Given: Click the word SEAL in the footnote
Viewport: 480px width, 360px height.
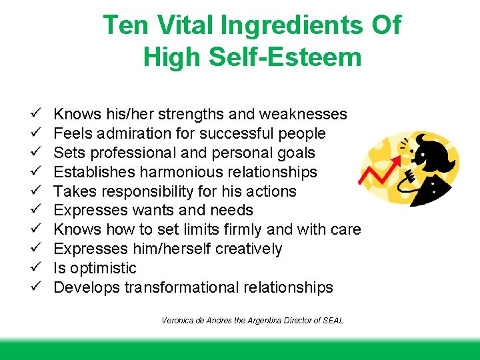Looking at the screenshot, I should coord(332,321).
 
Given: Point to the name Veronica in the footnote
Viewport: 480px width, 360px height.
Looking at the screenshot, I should coord(176,321).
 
